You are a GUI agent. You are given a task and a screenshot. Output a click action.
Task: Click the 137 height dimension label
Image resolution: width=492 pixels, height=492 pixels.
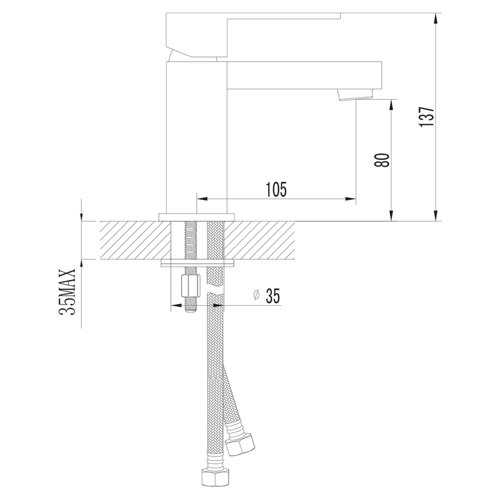tap(427, 117)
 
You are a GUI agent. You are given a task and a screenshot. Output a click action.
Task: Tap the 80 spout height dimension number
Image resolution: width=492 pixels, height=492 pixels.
tap(382, 161)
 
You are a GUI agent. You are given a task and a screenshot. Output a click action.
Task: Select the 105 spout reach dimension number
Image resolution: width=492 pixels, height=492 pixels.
tap(276, 189)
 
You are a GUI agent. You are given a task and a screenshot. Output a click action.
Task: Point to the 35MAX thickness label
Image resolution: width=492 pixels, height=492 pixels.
tap(67, 292)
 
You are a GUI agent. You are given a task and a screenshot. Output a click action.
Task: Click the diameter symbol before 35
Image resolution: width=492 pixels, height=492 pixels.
tap(256, 295)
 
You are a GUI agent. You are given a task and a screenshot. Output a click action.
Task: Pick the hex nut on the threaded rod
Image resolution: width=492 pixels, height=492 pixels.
tap(191, 285)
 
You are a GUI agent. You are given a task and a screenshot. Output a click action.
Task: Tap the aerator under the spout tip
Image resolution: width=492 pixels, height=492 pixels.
tap(355, 95)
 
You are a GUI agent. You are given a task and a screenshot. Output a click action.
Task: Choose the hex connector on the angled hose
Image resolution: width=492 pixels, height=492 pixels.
tap(240, 443)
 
